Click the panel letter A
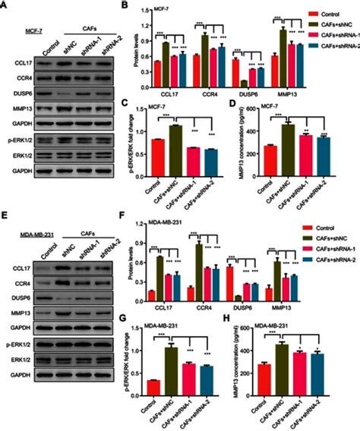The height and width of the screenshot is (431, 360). coord(5,5)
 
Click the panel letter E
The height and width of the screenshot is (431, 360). coord(5,217)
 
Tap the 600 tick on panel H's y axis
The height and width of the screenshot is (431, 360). coord(250,326)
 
